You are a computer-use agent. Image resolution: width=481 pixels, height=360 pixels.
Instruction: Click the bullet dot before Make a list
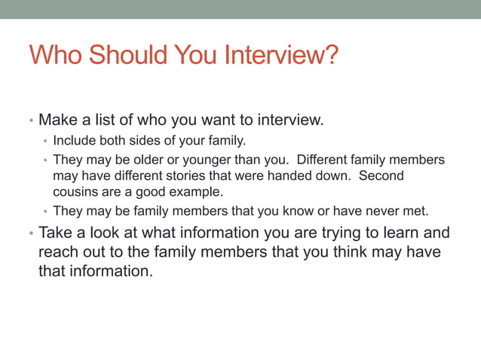(31, 121)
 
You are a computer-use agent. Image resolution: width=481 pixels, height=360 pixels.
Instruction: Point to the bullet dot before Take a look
(31, 233)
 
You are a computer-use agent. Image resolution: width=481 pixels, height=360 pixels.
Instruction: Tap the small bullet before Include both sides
(45, 141)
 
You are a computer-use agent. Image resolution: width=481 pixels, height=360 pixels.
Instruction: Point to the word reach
(58, 252)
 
